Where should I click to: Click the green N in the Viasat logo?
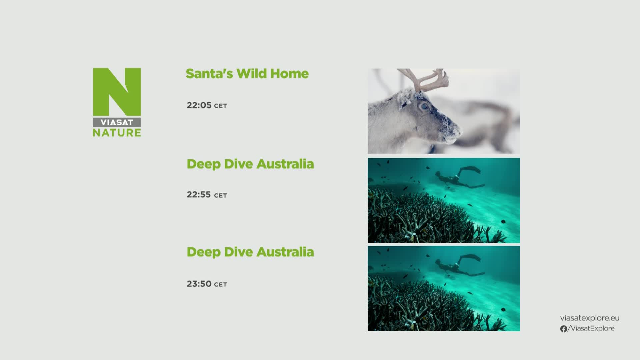[117, 92]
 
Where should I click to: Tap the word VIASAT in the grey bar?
[117, 122]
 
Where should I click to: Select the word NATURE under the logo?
[117, 133]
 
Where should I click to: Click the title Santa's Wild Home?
[247, 74]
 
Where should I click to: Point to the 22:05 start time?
[199, 105]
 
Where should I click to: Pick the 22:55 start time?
[199, 194]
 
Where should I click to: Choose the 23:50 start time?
[199, 284]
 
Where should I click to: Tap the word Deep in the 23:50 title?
[203, 252]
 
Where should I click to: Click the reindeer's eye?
[424, 106]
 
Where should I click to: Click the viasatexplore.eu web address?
[590, 318]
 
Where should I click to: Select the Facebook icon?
[564, 329]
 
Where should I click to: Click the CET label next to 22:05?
[220, 106]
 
